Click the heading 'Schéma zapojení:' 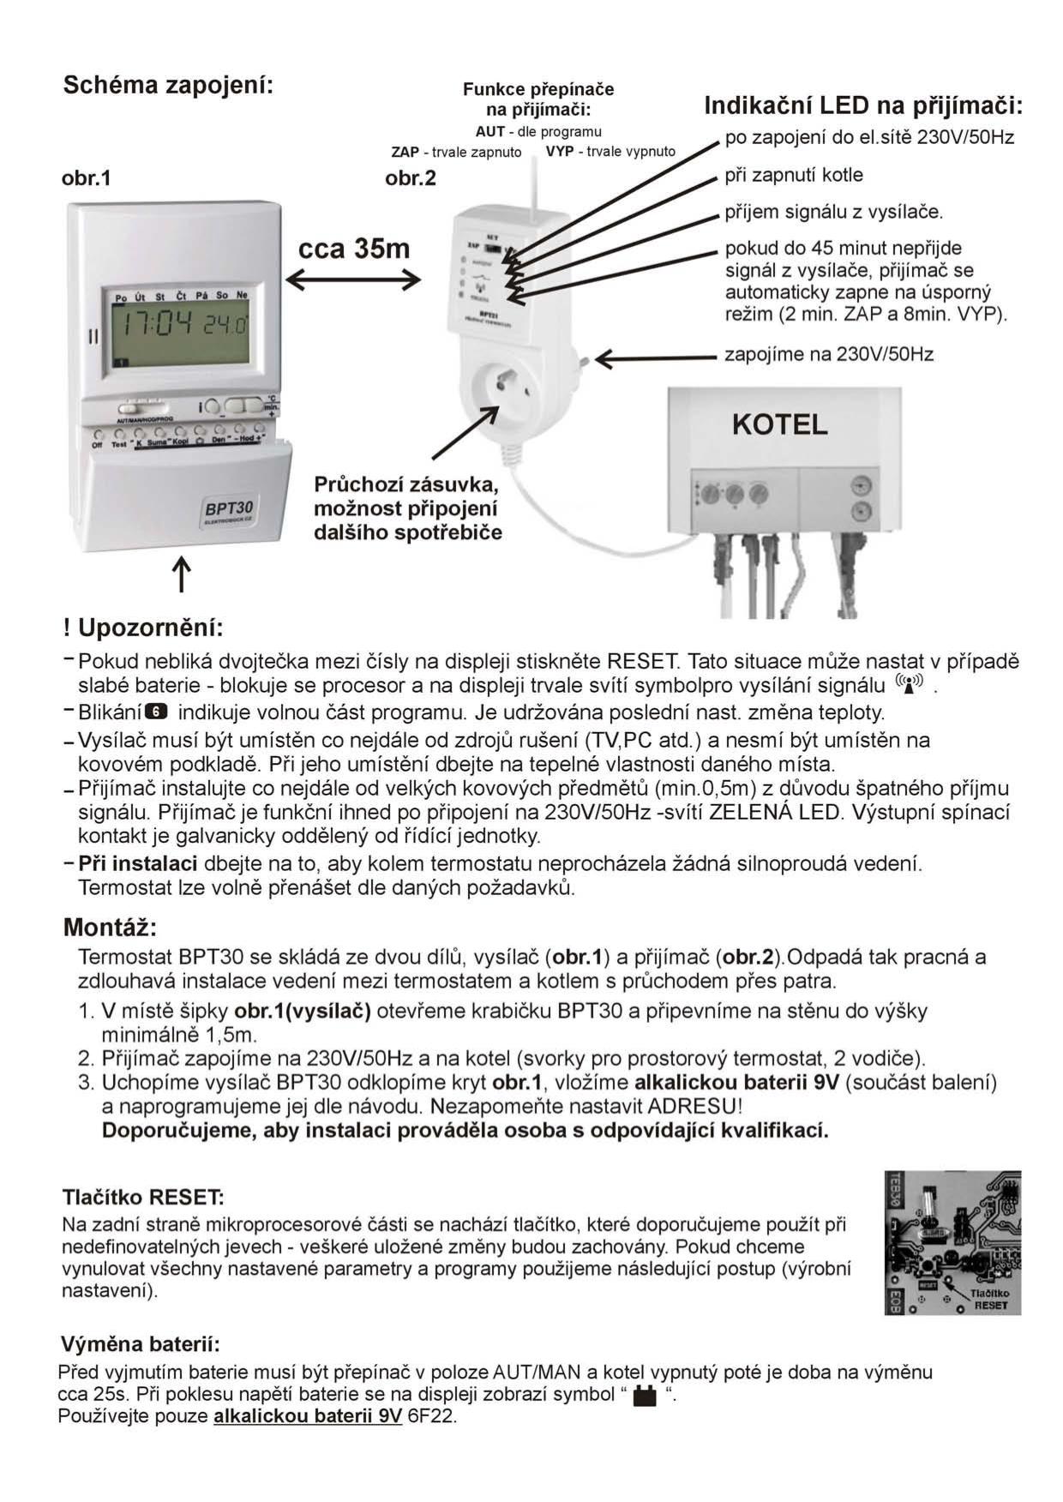pos(168,86)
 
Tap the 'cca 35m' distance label pos(354,249)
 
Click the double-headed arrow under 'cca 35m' pos(352,279)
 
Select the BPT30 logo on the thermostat pos(229,509)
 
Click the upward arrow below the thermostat pos(182,574)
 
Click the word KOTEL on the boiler pos(779,424)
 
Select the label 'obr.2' pos(411,178)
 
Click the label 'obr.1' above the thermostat pos(87,178)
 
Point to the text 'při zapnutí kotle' pos(794,175)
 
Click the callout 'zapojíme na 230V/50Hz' pos(828,353)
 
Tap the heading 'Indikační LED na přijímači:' pos(863,106)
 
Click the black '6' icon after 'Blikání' pos(157,712)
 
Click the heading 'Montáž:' pos(111,927)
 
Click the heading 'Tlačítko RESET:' pos(143,1196)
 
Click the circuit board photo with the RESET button pos(952,1242)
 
